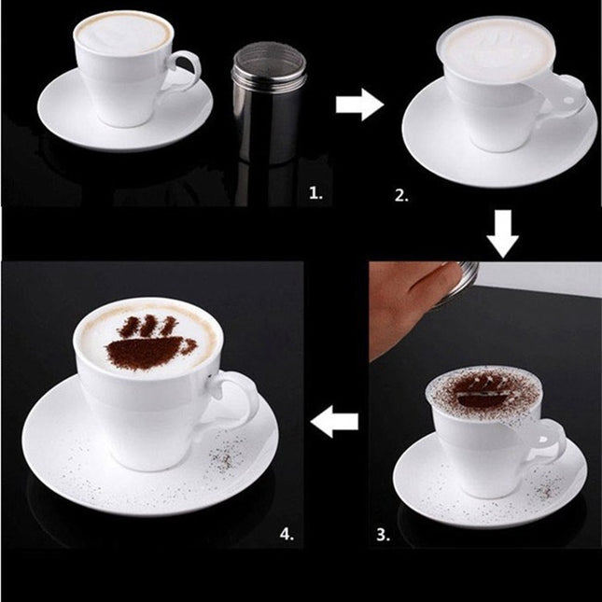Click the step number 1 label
point(315,194)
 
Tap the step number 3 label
point(383,534)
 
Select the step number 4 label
point(287,534)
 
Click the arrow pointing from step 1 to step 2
point(359,105)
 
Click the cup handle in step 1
point(188,75)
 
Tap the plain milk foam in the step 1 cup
point(123,35)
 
